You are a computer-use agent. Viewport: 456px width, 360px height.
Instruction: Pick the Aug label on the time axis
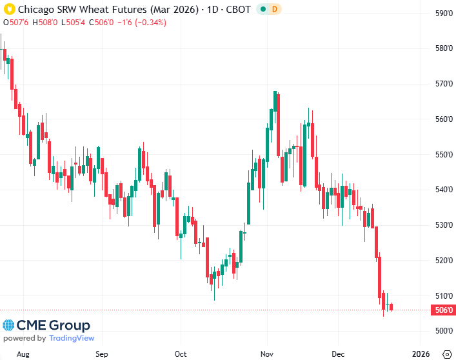pyautogui.click(x=23, y=354)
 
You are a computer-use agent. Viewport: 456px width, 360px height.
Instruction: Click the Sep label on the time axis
pyautogui.click(x=101, y=354)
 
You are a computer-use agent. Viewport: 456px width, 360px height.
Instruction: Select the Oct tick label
pyautogui.click(x=181, y=354)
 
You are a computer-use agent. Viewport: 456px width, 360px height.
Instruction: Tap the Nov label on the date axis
pyautogui.click(x=266, y=354)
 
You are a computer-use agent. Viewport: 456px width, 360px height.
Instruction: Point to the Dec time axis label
pyautogui.click(x=338, y=354)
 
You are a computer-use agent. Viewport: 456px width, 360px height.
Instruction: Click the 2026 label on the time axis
pyautogui.click(x=421, y=354)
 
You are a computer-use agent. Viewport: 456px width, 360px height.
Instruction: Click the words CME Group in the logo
pyautogui.click(x=54, y=325)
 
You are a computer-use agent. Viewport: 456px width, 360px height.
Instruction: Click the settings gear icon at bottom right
pyautogui.click(x=446, y=354)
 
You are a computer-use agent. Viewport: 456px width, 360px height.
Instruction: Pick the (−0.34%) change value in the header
pyautogui.click(x=148, y=22)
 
